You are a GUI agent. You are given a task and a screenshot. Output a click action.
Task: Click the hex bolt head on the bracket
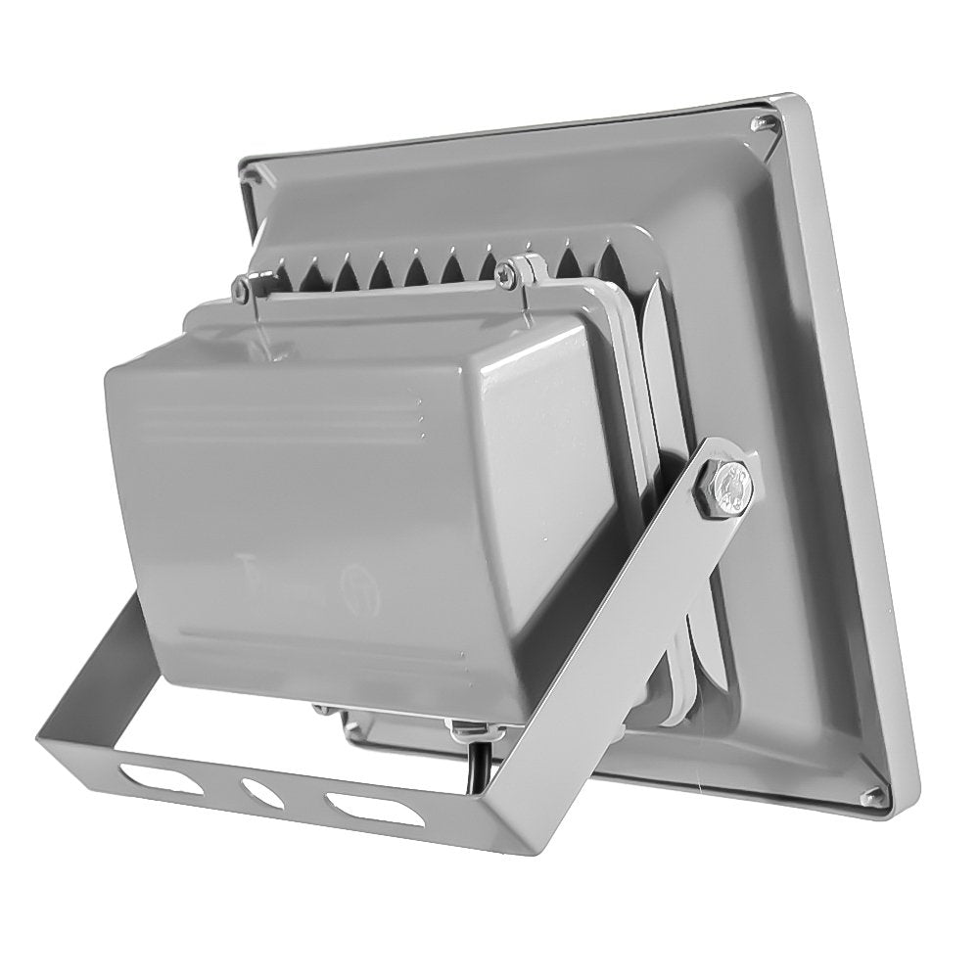(726, 485)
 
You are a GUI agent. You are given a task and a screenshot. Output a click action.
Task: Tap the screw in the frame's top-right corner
(764, 123)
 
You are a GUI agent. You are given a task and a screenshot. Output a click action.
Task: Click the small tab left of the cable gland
(324, 711)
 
